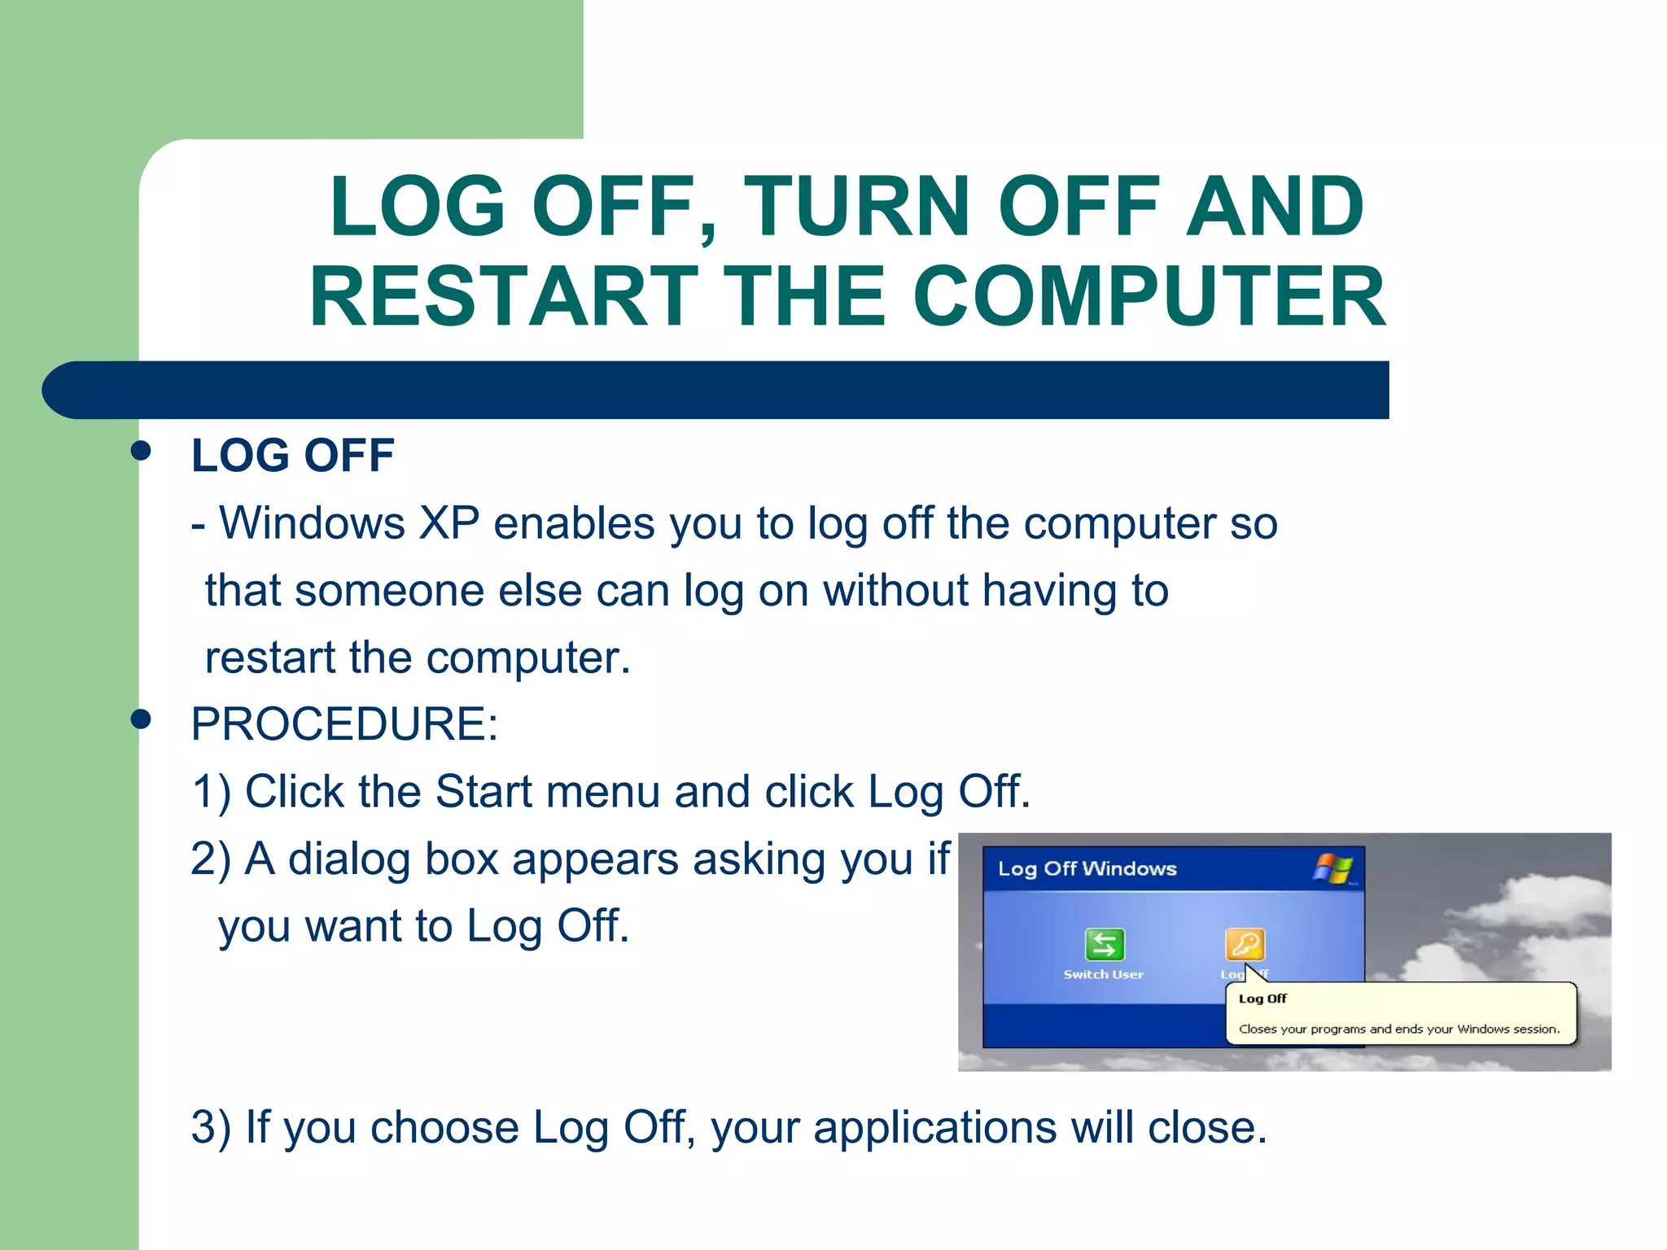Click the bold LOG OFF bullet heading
tap(292, 455)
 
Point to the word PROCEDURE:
tap(344, 723)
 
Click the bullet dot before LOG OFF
tap(141, 451)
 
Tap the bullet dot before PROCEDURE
tap(141, 719)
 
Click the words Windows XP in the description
tap(349, 522)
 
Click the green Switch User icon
tap(1105, 945)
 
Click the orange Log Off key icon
tap(1245, 944)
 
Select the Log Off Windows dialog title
tap(1087, 869)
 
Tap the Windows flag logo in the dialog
tap(1333, 868)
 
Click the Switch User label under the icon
tap(1103, 974)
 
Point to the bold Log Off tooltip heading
tap(1262, 999)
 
